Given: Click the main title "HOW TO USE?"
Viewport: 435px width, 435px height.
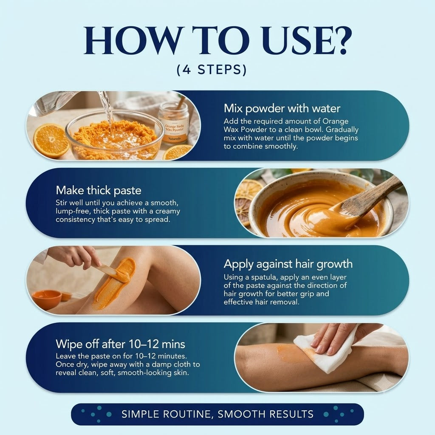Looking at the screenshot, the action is click(218, 40).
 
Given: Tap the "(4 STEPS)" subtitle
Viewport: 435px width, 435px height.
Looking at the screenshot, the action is click(212, 69).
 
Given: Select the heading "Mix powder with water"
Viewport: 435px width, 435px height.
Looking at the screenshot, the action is click(282, 108).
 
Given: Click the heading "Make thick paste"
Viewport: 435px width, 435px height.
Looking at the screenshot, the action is click(99, 191).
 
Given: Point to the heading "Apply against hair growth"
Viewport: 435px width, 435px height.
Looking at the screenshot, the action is click(288, 264).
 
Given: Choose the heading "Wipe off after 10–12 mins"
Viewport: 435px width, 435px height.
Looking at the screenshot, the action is click(120, 344).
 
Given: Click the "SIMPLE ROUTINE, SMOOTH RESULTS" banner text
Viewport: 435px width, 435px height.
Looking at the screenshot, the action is click(217, 414).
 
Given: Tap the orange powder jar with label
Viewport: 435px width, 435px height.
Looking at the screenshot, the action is click(173, 122).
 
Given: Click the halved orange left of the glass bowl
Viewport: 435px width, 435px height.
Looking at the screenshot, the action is click(51, 141).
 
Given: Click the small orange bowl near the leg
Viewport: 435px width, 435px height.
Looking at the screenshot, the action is click(47, 299).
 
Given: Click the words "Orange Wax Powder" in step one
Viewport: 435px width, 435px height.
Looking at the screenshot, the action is click(286, 125).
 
